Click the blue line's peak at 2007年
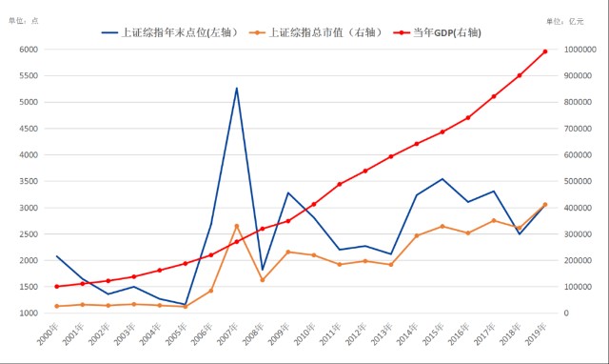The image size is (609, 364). [237, 89]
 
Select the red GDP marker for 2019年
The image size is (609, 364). [545, 51]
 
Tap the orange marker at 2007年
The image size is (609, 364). [237, 226]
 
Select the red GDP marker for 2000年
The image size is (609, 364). [57, 286]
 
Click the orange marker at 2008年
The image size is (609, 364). [263, 279]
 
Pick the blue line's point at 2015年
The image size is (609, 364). [442, 179]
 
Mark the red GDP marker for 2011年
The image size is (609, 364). [340, 184]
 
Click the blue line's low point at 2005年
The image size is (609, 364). [186, 304]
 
